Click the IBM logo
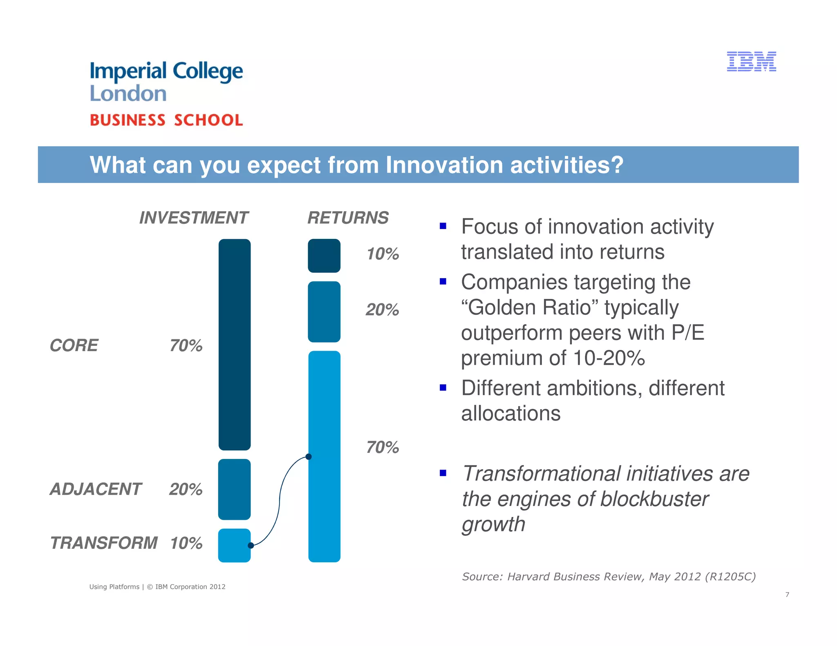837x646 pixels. tap(751, 62)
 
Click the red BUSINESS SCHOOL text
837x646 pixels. tap(166, 120)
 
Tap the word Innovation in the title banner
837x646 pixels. tap(444, 165)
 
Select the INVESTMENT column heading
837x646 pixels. tap(193, 218)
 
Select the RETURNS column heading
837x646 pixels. tap(348, 218)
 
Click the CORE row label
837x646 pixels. tap(74, 345)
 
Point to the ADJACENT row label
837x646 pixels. tap(96, 489)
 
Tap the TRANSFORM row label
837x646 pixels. tap(104, 543)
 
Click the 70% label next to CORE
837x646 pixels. tap(186, 346)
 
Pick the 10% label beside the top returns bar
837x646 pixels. tap(383, 254)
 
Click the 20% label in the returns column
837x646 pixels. tap(383, 310)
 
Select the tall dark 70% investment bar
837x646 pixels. tap(235, 344)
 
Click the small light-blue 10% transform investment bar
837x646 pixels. tap(234, 546)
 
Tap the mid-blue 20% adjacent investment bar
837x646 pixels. tap(234, 489)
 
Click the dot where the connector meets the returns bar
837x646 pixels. tap(309, 457)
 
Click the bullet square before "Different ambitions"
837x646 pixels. tap(443, 387)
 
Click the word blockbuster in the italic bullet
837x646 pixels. tap(654, 499)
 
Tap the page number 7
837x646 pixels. tap(787, 595)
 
